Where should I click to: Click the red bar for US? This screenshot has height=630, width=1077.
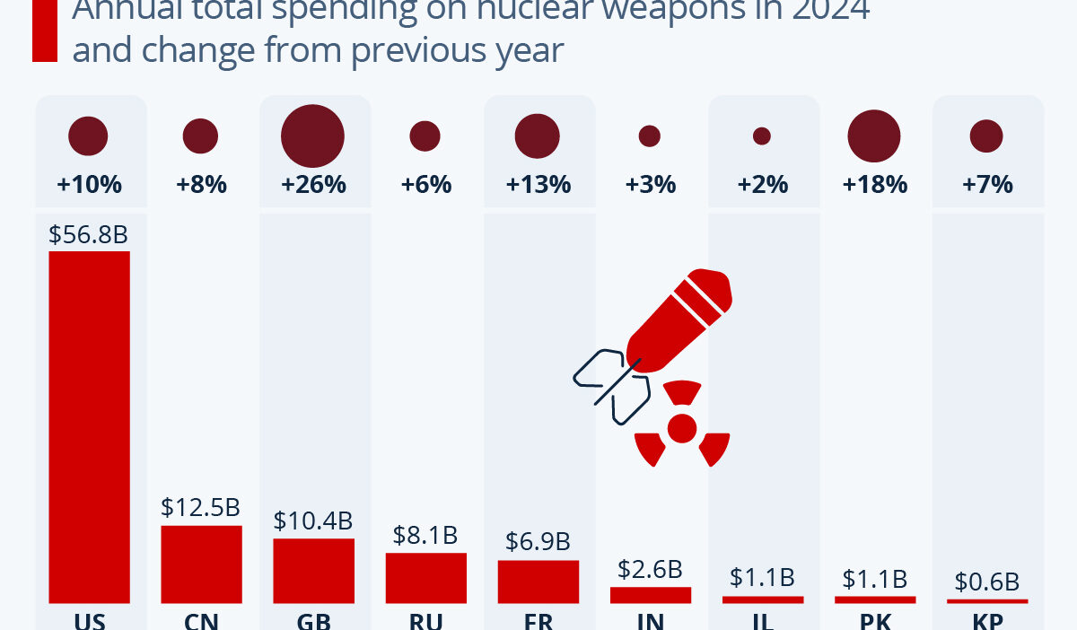click(89, 426)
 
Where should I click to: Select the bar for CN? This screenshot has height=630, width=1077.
click(201, 564)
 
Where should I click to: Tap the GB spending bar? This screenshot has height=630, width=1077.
click(313, 571)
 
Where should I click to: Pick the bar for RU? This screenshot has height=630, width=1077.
click(425, 577)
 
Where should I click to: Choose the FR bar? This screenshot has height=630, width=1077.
click(538, 582)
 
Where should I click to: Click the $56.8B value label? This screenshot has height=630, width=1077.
click(89, 235)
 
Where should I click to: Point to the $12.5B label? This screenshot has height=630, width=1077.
click(201, 507)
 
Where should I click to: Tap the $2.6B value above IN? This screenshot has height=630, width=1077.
click(650, 569)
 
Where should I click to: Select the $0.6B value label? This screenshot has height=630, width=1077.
click(986, 582)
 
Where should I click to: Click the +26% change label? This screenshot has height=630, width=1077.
click(313, 185)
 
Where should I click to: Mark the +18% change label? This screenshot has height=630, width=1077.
click(874, 185)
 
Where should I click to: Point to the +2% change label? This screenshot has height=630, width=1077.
click(762, 185)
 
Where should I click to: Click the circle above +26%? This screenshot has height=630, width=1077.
click(313, 136)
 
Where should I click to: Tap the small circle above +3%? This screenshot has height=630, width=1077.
click(650, 136)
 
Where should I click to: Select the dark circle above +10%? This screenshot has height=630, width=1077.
click(88, 136)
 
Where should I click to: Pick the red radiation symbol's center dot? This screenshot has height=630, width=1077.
click(682, 428)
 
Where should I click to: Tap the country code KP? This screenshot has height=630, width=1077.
click(986, 622)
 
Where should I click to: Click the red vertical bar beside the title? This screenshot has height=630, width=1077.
click(45, 31)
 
